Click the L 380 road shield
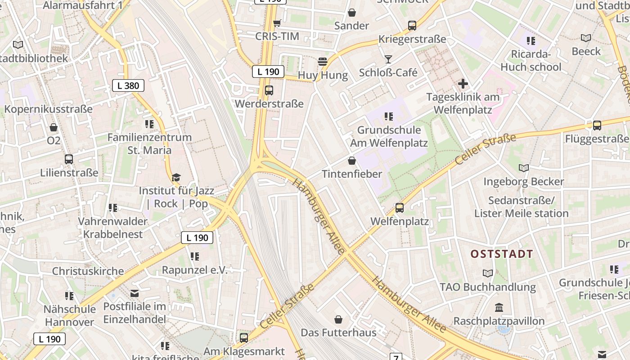[128, 85]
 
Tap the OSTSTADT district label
[502, 254]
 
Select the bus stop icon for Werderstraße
[269, 90]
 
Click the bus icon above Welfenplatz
[399, 208]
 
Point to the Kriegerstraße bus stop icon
[412, 26]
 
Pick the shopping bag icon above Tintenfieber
[352, 161]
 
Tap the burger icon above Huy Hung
[323, 62]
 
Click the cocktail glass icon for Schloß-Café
[388, 59]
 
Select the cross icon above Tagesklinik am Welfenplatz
[463, 84]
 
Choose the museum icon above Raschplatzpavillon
[499, 308]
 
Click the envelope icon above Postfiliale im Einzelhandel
[134, 293]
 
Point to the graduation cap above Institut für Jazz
[176, 177]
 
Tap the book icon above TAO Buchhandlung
[488, 274]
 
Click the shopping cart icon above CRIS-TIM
[277, 23]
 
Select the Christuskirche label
[88, 271]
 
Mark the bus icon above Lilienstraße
[69, 159]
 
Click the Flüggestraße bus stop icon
[597, 126]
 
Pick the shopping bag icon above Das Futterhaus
[338, 319]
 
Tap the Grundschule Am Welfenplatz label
[389, 137]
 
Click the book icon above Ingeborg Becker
[523, 168]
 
